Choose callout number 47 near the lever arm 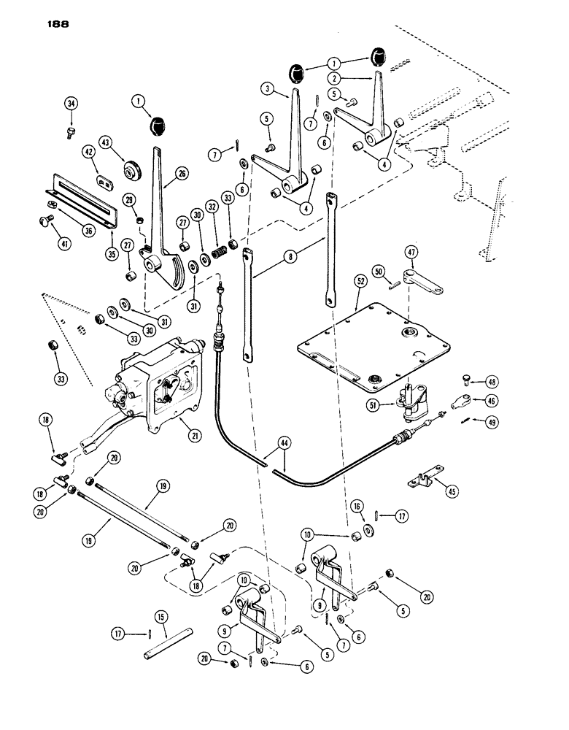(412, 253)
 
